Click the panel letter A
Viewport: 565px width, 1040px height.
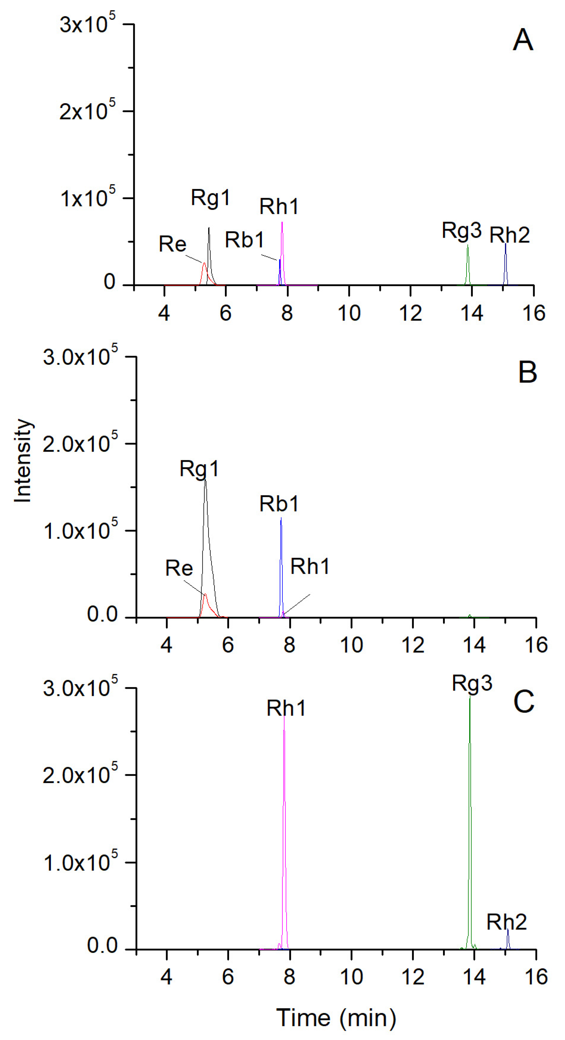pos(523,40)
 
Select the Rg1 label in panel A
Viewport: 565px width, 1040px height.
pos(210,198)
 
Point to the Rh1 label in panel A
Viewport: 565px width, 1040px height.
pos(279,207)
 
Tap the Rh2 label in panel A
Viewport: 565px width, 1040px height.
pos(509,235)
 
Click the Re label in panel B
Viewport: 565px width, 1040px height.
pos(179,568)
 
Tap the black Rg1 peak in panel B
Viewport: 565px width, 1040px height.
pos(206,525)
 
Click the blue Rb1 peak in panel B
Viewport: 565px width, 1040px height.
pos(281,565)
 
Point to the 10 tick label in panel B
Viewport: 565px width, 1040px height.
pos(351,645)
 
